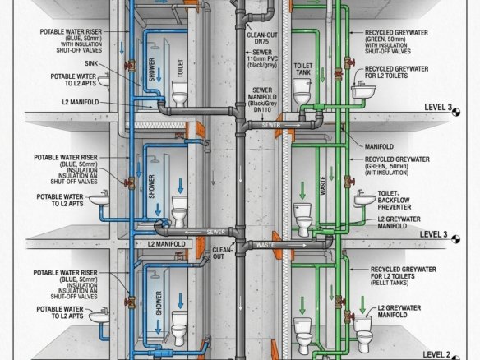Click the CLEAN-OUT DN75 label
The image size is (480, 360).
click(258, 39)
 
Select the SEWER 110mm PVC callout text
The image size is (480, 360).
click(262, 55)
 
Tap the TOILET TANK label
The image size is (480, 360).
click(303, 69)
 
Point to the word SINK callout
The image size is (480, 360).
click(91, 63)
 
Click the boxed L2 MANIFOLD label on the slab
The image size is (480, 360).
click(167, 244)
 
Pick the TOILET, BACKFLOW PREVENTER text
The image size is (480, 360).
click(394, 201)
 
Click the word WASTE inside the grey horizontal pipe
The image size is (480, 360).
click(265, 245)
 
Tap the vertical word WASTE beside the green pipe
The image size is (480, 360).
click(323, 186)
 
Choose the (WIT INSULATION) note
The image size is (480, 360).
click(386, 173)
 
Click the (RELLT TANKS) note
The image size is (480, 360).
click(390, 283)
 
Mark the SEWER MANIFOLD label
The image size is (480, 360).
click(262, 99)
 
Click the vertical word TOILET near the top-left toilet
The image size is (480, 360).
click(180, 68)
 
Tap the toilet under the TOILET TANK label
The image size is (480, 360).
click(302, 91)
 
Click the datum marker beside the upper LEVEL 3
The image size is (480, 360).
click(456, 112)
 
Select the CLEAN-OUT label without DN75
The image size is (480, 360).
click(223, 253)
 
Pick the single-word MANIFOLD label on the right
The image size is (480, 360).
click(379, 146)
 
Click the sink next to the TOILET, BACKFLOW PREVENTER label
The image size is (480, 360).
click(364, 198)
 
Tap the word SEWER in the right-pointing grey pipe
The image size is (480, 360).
click(271, 125)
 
